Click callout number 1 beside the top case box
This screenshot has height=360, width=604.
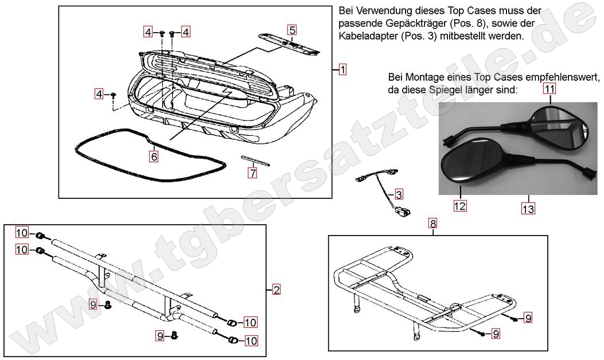tap(342, 70)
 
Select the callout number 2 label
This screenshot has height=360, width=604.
tap(276, 290)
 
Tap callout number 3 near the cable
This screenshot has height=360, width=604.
tap(399, 194)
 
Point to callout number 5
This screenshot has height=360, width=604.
tap(292, 30)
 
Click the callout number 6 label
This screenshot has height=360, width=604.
tap(154, 155)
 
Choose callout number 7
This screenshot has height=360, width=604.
tap(252, 172)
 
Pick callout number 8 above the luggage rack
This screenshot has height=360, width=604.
tap(433, 223)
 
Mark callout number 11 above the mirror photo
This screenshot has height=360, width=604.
tap(550, 89)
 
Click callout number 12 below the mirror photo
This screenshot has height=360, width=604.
tap(460, 205)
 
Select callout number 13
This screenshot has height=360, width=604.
tap(528, 209)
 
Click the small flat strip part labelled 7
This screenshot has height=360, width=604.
tap(255, 160)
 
